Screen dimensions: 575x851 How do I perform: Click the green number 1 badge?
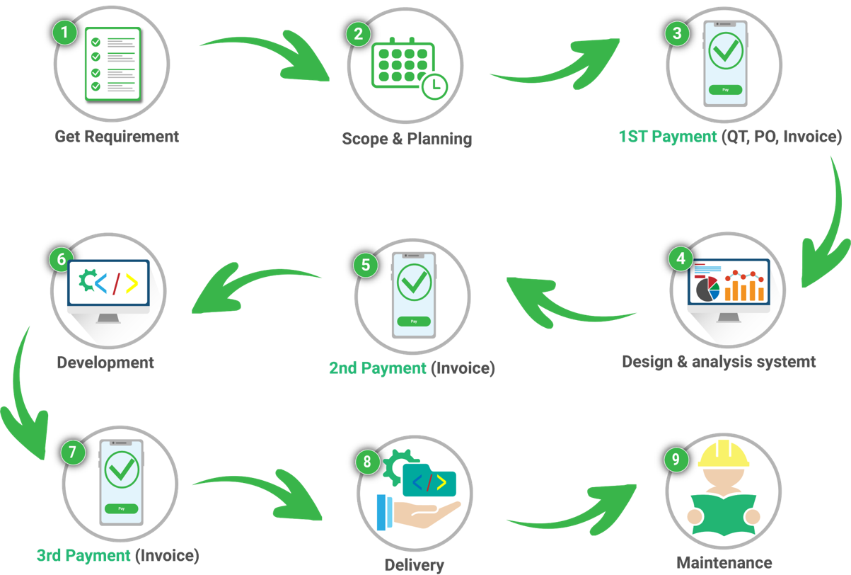[x=65, y=33]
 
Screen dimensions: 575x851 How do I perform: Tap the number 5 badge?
[x=365, y=265]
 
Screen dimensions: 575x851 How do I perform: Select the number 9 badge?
[x=676, y=459]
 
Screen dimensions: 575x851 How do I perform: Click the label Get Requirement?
[x=117, y=136]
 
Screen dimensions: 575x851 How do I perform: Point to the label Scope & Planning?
[x=406, y=138]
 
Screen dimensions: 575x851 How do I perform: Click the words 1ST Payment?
[x=667, y=137]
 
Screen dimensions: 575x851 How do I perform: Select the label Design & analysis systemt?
[x=719, y=361]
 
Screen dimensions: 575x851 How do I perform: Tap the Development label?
[x=105, y=363]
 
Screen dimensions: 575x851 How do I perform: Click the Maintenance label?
[x=724, y=563]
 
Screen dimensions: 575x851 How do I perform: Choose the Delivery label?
[x=414, y=564]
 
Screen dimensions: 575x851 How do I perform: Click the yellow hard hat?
[x=723, y=455]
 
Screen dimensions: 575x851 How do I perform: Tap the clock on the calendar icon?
[x=434, y=86]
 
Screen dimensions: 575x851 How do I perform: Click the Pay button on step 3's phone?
[x=725, y=90]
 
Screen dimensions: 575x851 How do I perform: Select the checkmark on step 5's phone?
[x=414, y=282]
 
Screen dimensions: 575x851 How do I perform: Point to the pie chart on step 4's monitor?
[x=707, y=288]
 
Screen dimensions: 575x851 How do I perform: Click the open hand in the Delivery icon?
[x=424, y=514]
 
